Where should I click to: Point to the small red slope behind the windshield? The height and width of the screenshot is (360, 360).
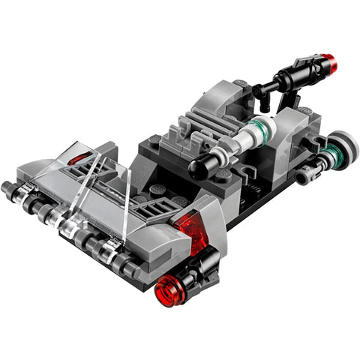(76, 159)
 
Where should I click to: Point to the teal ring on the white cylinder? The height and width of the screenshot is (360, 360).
(259, 129)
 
